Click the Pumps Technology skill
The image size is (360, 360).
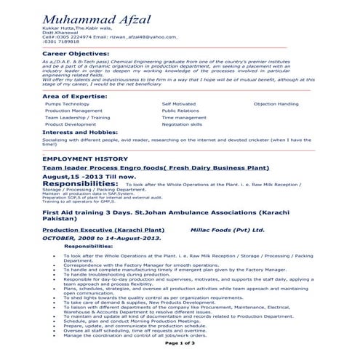click(x=67, y=104)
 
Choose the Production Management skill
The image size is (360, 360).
click(x=73, y=111)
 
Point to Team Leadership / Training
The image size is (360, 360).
click(x=77, y=117)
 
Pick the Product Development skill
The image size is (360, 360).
click(x=70, y=124)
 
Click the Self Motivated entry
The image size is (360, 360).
click(x=178, y=104)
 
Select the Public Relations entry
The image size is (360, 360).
click(x=180, y=111)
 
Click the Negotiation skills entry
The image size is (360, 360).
click(x=182, y=124)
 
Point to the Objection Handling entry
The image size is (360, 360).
click(x=276, y=104)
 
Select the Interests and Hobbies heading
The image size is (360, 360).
click(x=81, y=132)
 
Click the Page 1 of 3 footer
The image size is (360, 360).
click(x=180, y=343)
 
